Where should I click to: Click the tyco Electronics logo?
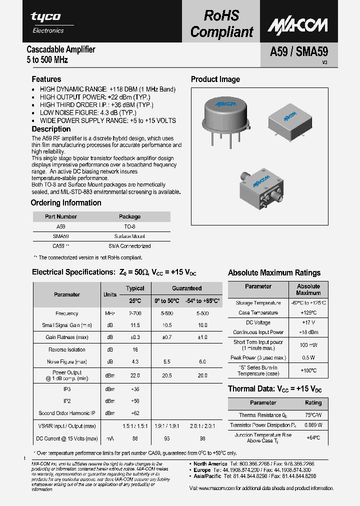[x=47, y=22]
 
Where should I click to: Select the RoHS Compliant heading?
[x=221, y=24]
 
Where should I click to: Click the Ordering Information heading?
[x=66, y=203]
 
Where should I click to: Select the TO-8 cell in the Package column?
[x=129, y=226]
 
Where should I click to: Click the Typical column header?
[x=135, y=288]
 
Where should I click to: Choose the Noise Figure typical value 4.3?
[x=135, y=361]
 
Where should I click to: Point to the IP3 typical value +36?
[x=135, y=388]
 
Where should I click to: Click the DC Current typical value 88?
[x=135, y=438]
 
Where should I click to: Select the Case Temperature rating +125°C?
[x=308, y=313]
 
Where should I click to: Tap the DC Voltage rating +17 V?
[x=308, y=322]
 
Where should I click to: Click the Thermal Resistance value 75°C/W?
[x=313, y=415]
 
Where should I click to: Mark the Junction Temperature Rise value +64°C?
[x=313, y=437]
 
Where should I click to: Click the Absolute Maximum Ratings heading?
[x=274, y=273]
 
